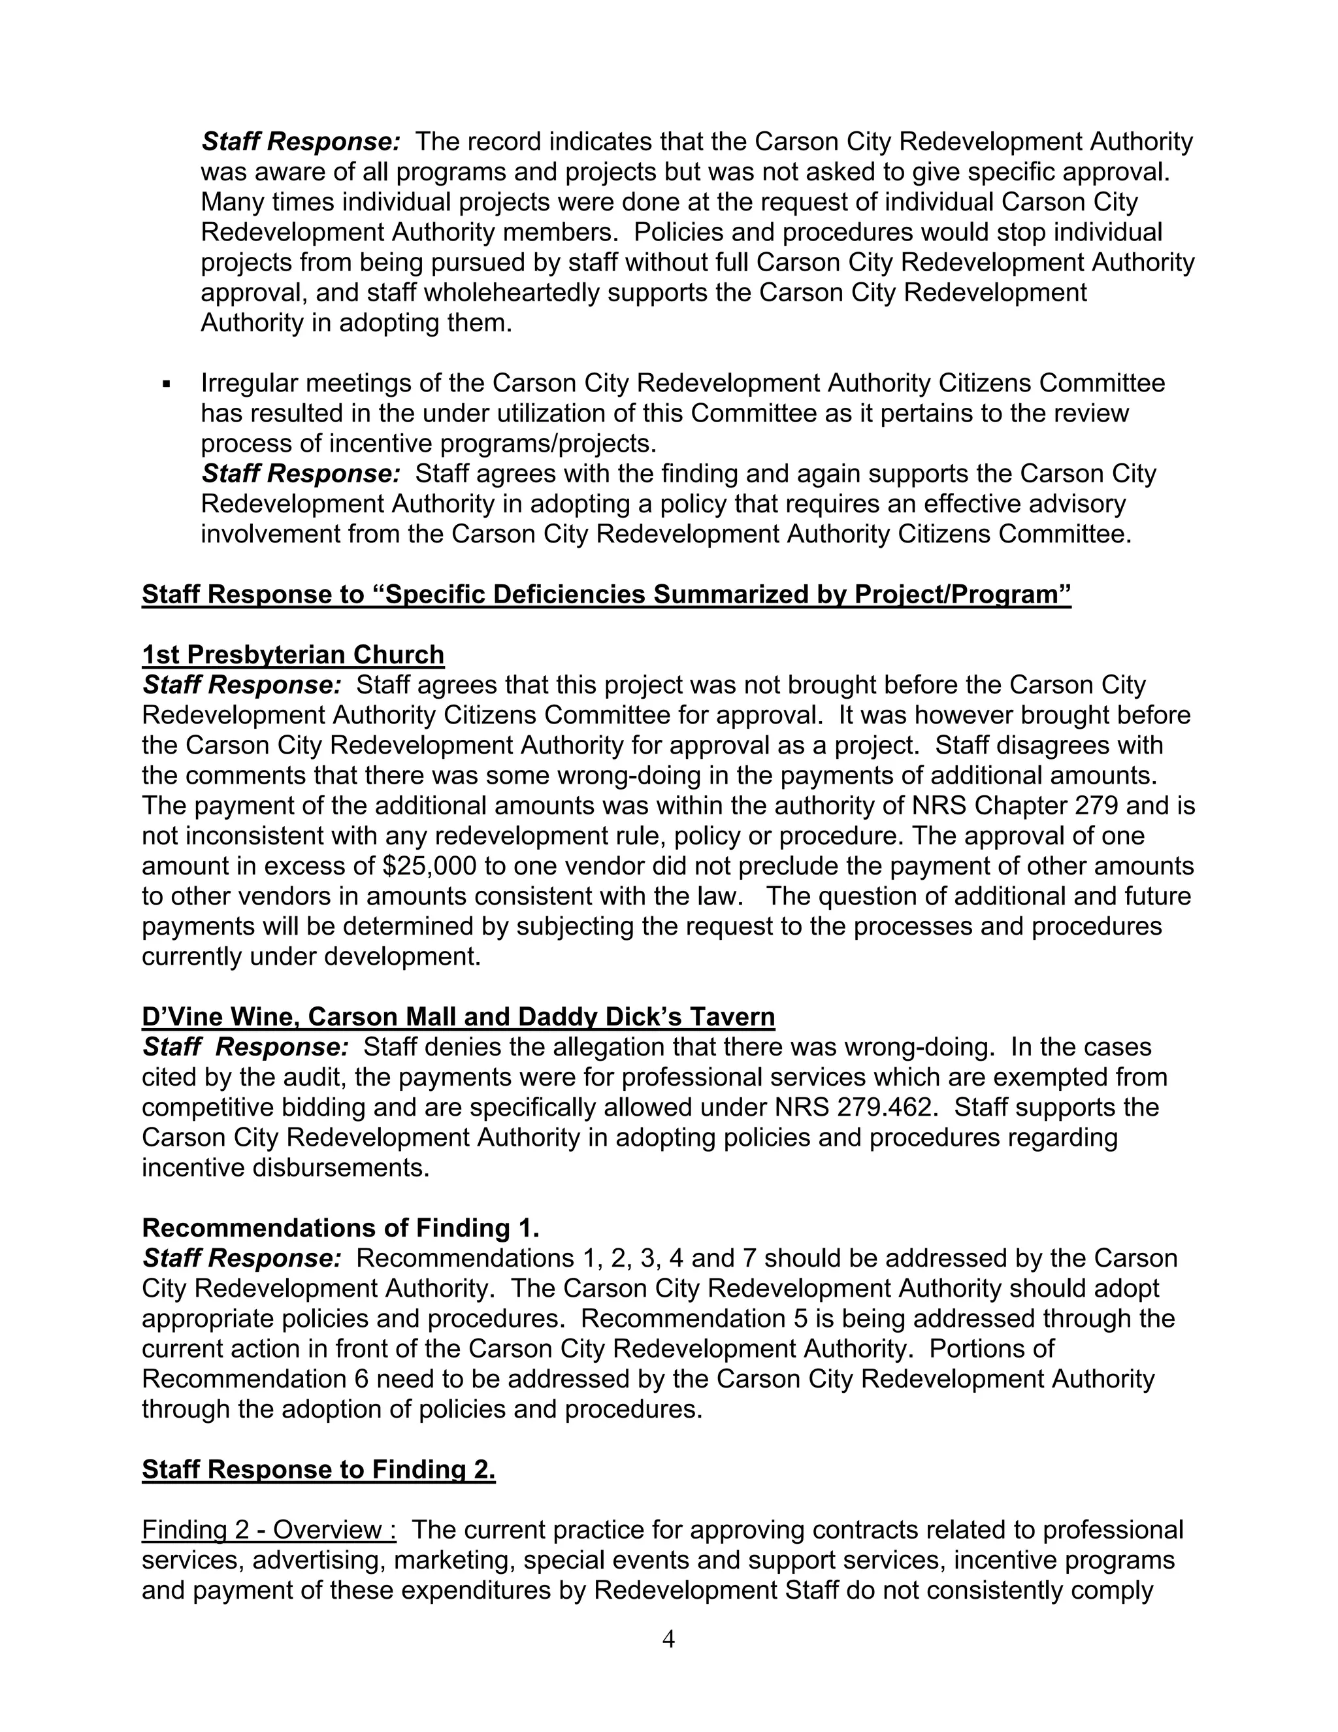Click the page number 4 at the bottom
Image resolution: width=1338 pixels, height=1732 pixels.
tap(668, 1639)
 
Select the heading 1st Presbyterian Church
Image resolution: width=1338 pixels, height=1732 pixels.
tap(293, 654)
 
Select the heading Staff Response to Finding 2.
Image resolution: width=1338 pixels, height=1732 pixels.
tap(319, 1469)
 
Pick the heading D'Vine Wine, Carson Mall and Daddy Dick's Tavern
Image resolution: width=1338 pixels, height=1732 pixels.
tap(458, 1017)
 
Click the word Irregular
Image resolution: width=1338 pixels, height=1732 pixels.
tap(249, 383)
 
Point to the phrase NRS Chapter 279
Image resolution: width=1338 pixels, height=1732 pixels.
tap(1015, 806)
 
